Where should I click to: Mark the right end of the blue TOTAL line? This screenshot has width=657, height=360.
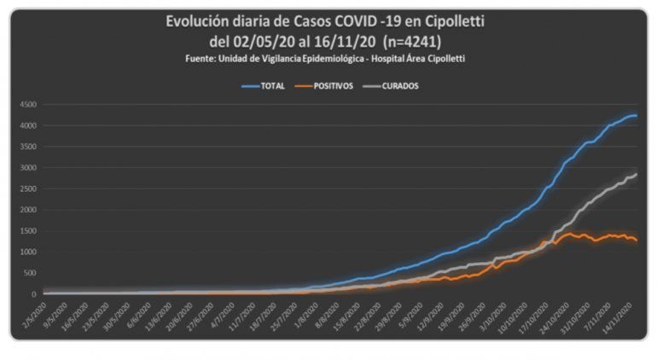pyautogui.click(x=637, y=116)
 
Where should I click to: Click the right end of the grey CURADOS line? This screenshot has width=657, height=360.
pyautogui.click(x=637, y=174)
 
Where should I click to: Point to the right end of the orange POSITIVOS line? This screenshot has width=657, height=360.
pyautogui.click(x=637, y=241)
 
